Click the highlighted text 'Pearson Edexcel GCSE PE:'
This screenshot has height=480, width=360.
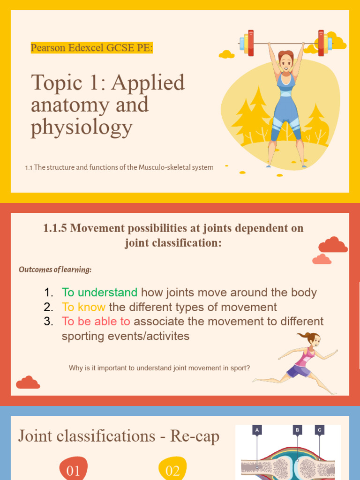pyautogui.click(x=92, y=48)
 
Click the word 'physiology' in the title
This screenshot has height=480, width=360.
pyautogui.click(x=82, y=127)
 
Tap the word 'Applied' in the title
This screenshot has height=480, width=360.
pyautogui.click(x=148, y=83)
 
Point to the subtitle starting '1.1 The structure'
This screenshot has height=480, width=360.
pyautogui.click(x=120, y=167)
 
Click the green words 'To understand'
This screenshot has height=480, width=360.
pyautogui.click(x=99, y=292)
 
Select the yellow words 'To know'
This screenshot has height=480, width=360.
pyautogui.click(x=83, y=307)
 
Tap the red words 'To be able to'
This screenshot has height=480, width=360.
pyautogui.click(x=96, y=322)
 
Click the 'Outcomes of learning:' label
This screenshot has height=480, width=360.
pyautogui.click(x=55, y=270)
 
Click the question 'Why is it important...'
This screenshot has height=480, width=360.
pyautogui.click(x=159, y=368)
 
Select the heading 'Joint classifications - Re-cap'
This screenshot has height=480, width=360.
pyautogui.click(x=119, y=436)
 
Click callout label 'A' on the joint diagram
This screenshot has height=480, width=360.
pyautogui.click(x=256, y=429)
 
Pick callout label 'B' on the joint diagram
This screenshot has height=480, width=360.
pyautogui.click(x=297, y=429)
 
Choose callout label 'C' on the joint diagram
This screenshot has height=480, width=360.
pyautogui.click(x=320, y=429)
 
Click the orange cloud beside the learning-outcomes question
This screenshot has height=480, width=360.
pyautogui.click(x=28, y=383)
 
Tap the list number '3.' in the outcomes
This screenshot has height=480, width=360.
pyautogui.click(x=49, y=322)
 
